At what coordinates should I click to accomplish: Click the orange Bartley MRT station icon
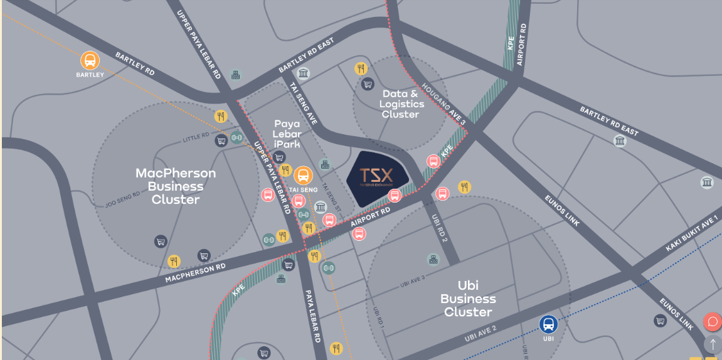point(90,61)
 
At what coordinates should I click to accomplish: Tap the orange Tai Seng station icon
point(303,176)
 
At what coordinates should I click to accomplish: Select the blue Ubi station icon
point(548,324)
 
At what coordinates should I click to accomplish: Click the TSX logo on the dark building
point(376,176)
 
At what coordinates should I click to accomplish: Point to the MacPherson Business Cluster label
point(176,186)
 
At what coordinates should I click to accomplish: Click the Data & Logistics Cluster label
point(401,103)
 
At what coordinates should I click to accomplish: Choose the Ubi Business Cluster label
point(468,299)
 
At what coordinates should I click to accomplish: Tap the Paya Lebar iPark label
point(287,134)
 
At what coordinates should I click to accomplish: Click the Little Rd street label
point(195,136)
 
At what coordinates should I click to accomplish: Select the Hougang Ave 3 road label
point(444,105)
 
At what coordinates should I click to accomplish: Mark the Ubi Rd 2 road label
point(439,228)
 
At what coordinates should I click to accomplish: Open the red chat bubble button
point(713,322)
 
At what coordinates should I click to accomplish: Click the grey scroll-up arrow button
point(713,344)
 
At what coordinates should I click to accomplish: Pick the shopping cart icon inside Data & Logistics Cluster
point(368,84)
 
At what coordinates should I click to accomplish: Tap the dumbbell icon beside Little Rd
point(236,137)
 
